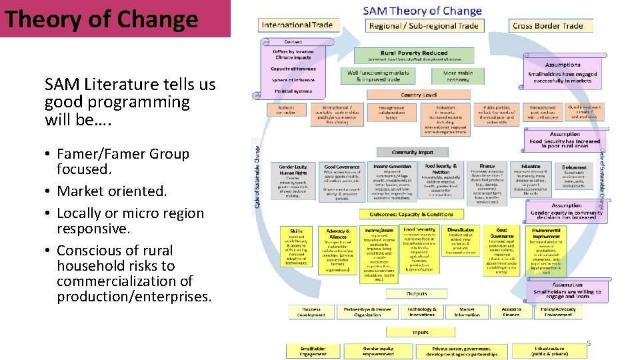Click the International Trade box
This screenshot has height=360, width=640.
tap(297, 25)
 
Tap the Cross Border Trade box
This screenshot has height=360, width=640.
tap(547, 26)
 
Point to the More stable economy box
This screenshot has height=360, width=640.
tap(457, 76)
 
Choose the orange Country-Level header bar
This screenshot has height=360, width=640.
tap(419, 95)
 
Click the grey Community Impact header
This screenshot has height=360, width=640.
tap(413, 152)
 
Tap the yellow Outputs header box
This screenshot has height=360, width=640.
tap(417, 293)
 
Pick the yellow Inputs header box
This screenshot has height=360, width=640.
tap(421, 332)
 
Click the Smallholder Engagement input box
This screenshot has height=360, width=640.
tap(313, 351)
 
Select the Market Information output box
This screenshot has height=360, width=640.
tap(467, 312)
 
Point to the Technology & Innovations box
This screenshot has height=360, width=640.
tap(422, 312)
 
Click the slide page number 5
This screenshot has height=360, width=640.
tap(589, 343)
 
